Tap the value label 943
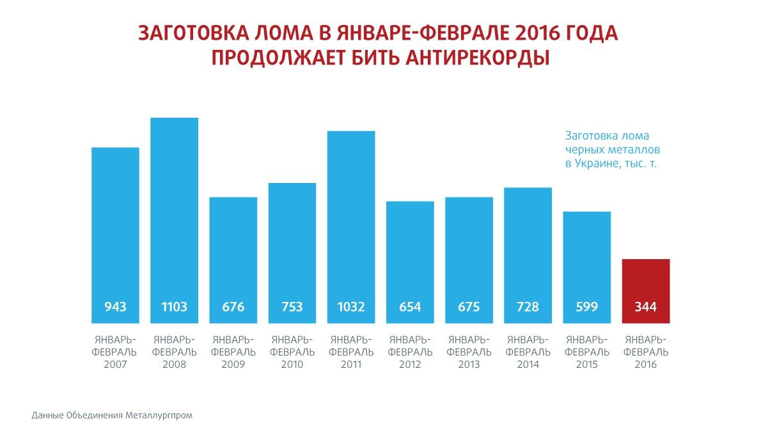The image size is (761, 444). (115, 307)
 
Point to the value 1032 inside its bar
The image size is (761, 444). (351, 307)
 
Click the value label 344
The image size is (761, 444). (645, 307)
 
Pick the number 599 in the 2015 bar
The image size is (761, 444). (586, 307)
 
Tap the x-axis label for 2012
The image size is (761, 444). (410, 352)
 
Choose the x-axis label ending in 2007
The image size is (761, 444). (115, 352)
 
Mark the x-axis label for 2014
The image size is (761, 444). (528, 352)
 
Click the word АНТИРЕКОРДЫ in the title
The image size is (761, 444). (476, 58)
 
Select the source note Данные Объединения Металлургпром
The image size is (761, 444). (112, 415)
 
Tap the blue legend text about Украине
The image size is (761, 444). (611, 164)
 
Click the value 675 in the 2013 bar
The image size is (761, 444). (469, 307)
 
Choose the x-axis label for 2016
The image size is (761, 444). (645, 352)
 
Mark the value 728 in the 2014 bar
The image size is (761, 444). (528, 307)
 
